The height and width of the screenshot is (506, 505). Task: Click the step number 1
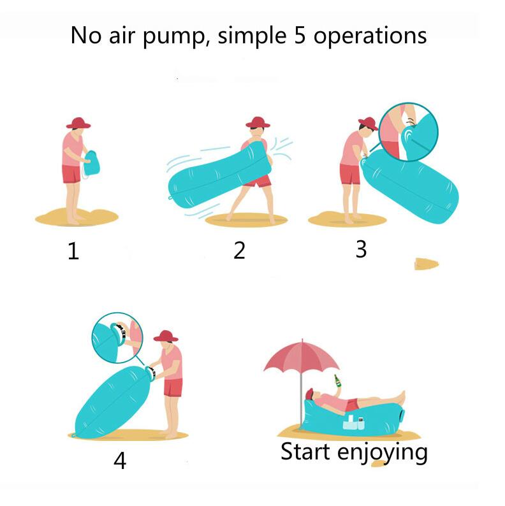73,252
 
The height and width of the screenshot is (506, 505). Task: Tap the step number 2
239,250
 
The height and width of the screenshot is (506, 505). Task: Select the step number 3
361,249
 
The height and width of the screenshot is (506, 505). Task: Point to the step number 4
119,460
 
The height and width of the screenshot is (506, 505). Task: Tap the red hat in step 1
78,122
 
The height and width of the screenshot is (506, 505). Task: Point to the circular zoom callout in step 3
408,131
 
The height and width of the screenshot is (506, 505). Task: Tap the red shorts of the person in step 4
173,387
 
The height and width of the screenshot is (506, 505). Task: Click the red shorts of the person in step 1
71,174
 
